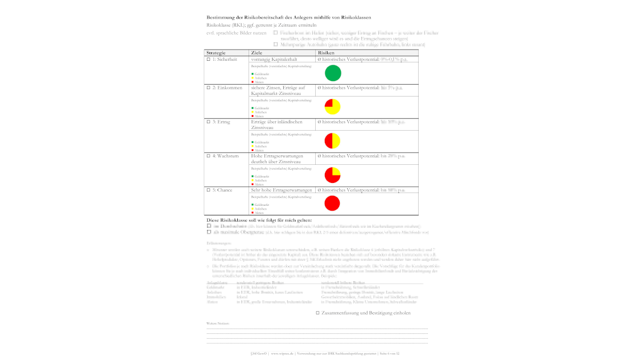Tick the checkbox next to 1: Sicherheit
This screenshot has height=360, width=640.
point(209,60)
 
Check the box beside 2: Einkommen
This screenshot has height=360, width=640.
point(209,87)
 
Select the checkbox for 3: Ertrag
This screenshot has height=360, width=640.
point(209,122)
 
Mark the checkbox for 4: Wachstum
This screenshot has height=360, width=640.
point(209,156)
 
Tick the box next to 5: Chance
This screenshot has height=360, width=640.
point(209,190)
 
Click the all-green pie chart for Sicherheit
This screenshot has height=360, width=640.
point(332,73)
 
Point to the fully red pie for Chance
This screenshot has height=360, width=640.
point(332,203)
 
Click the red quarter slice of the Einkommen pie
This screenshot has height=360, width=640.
point(329,103)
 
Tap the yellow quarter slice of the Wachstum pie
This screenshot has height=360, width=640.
point(336,171)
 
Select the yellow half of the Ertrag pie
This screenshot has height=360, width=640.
point(337,141)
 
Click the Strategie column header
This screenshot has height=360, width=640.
point(216,53)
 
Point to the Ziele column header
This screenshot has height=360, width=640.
point(257,53)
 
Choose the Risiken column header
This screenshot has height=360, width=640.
point(326,53)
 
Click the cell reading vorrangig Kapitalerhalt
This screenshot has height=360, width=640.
point(274,60)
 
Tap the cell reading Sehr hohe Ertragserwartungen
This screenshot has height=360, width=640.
point(281,190)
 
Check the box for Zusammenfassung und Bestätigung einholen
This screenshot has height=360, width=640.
point(318,313)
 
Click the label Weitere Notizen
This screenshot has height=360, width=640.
point(218,324)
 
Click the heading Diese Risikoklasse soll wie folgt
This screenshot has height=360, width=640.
point(259,220)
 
